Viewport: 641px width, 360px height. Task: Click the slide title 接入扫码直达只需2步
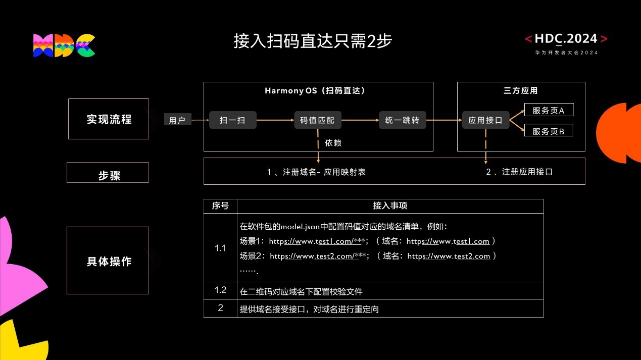313,41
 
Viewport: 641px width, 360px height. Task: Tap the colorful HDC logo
64,45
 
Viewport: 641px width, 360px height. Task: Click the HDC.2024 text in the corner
566,39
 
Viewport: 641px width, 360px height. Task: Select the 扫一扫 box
233,120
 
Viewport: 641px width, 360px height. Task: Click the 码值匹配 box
317,120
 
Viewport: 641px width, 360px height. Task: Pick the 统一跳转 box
402,120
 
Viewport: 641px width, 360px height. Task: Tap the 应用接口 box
485,120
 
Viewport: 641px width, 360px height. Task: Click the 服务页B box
548,131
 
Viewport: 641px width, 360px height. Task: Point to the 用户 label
177,120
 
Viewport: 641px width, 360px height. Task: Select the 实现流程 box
109,119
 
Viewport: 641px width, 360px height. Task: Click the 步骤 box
109,175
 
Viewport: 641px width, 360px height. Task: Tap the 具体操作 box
109,261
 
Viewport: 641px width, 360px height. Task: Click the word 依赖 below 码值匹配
333,143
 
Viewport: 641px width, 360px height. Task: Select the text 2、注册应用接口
519,172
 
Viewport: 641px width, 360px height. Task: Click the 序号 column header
220,206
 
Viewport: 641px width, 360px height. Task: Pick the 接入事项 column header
390,206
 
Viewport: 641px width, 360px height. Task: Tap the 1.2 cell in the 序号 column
220,290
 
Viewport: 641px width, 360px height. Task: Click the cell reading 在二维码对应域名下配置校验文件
302,291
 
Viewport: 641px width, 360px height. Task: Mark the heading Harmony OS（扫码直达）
315,91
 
